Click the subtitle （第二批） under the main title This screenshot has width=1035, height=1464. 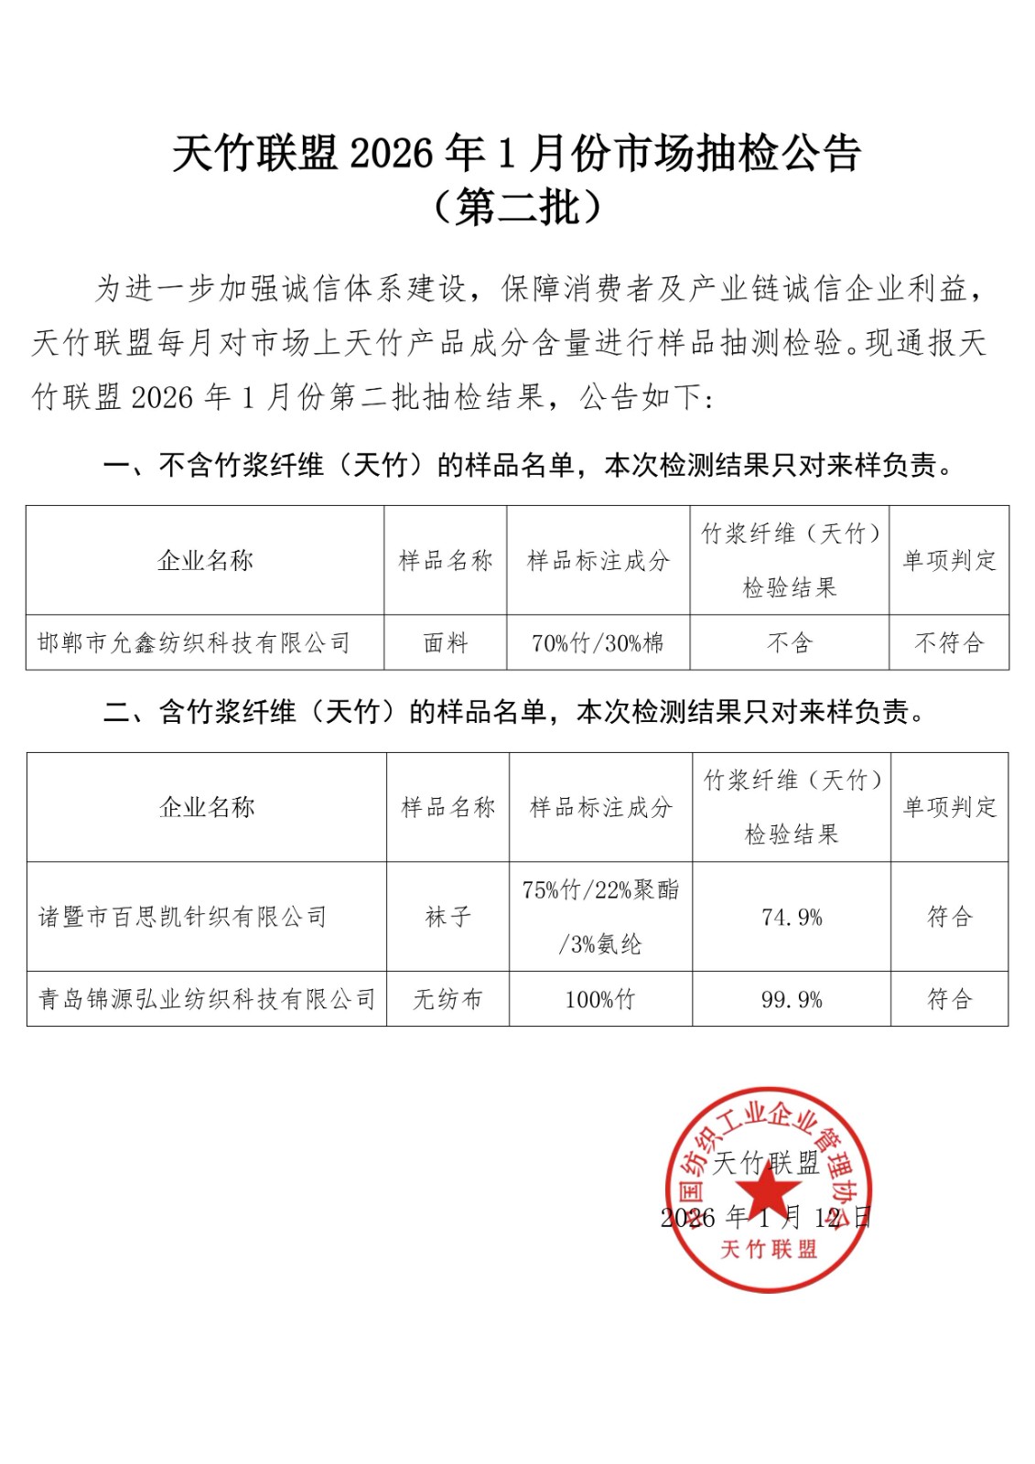(x=517, y=208)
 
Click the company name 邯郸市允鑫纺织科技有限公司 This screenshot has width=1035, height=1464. (x=194, y=643)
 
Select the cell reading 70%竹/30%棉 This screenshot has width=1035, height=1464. (x=598, y=643)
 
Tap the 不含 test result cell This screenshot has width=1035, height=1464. (x=789, y=643)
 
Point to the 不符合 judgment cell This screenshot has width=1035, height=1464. (x=948, y=643)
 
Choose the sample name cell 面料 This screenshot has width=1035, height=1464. (x=446, y=643)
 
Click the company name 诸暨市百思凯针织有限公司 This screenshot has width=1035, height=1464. (x=183, y=917)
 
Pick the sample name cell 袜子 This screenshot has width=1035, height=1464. (x=447, y=917)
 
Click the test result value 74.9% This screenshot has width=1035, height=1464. (x=792, y=917)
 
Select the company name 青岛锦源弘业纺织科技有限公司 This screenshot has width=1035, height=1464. (x=207, y=999)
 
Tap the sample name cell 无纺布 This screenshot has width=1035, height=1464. (x=447, y=999)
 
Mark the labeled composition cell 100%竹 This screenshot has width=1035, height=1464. (x=599, y=999)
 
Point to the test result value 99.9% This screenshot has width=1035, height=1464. (x=792, y=999)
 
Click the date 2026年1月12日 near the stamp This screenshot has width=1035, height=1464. (x=765, y=1218)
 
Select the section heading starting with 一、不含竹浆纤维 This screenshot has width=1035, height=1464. (x=528, y=466)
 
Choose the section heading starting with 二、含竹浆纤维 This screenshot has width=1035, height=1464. (x=514, y=712)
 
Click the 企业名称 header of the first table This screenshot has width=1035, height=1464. (x=205, y=560)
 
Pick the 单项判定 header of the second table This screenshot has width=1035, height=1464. (x=949, y=807)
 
